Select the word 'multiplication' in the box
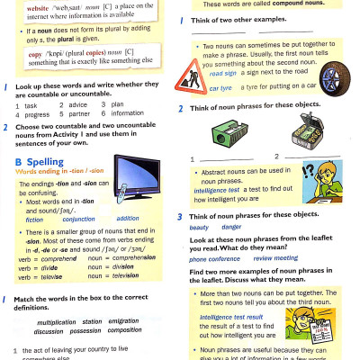point(56,321)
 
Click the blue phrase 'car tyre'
point(220,88)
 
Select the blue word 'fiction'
point(35,219)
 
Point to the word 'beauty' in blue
point(198,227)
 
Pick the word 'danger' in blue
point(231,227)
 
